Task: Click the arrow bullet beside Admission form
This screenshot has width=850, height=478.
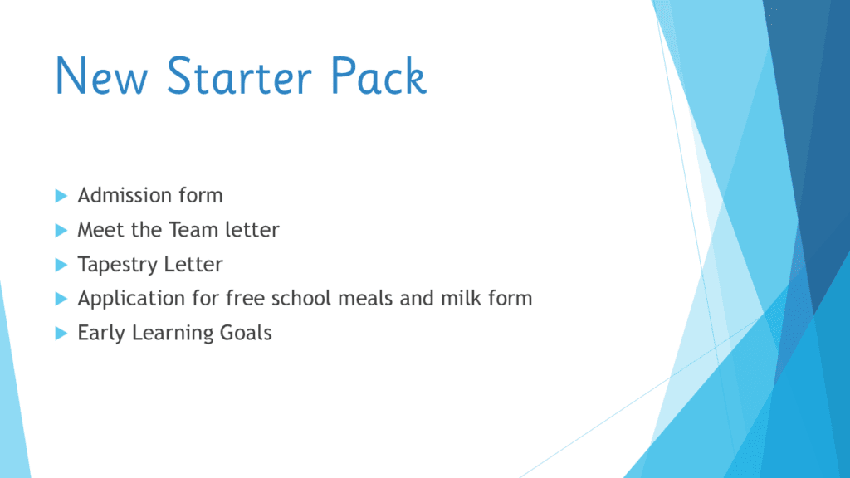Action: [61, 196]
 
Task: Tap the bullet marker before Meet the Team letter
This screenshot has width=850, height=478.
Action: [61, 231]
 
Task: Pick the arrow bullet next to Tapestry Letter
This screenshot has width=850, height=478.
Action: [61, 265]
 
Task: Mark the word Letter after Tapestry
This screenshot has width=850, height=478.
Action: [193, 264]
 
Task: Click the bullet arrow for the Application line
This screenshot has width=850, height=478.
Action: [61, 299]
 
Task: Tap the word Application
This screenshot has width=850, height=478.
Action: [131, 299]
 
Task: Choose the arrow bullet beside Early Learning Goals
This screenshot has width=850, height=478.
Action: [61, 334]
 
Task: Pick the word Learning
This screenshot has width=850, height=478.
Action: [173, 334]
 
